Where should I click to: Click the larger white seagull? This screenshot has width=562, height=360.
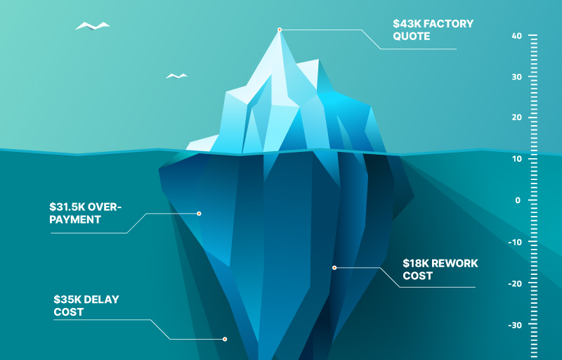click(93, 26)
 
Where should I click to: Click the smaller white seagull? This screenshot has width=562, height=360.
click(176, 76)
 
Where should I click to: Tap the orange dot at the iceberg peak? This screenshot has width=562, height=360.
click(280, 30)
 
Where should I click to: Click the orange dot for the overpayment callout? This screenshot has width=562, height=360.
click(199, 214)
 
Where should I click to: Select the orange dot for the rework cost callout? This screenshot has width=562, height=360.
click(334, 268)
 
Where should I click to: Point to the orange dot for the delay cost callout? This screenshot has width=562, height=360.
click(225, 339)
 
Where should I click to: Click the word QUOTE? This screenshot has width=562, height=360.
click(412, 37)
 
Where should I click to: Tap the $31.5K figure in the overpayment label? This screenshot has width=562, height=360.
click(67, 207)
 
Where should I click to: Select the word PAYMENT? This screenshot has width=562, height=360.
click(75, 219)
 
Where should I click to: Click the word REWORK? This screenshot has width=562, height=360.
click(455, 263)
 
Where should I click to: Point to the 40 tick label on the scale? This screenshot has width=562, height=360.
click(517, 36)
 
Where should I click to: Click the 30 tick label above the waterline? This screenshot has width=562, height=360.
click(517, 77)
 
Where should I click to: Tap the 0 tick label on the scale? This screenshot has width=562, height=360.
click(518, 200)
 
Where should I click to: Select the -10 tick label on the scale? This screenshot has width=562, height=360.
click(515, 242)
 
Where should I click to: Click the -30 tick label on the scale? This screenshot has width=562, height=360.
click(515, 326)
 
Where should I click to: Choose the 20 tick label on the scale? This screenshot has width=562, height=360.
click(517, 117)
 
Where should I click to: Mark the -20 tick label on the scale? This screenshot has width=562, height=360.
click(515, 283)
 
